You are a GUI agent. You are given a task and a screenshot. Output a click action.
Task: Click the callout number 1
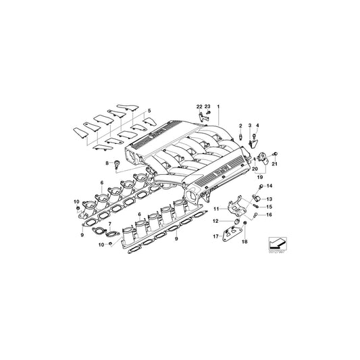tap(218, 107)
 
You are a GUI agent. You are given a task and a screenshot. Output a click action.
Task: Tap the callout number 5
tap(150, 110)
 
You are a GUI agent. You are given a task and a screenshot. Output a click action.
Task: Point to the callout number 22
tap(199, 107)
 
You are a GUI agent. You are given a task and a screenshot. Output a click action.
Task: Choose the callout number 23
tap(208, 107)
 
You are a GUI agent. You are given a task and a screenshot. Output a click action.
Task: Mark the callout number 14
tap(269, 185)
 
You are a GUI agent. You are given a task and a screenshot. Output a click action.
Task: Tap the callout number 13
tap(269, 199)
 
